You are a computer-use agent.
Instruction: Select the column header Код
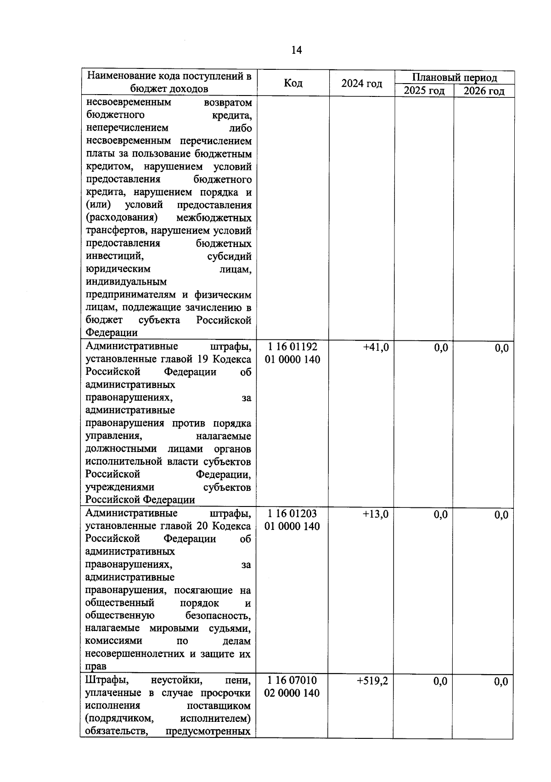click(x=293, y=83)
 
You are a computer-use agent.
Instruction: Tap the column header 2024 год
click(x=362, y=84)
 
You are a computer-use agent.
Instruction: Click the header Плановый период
click(x=454, y=77)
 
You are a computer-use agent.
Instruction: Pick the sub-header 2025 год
click(x=424, y=90)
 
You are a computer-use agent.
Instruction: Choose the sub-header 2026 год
click(x=484, y=90)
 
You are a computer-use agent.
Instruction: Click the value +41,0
click(x=376, y=348)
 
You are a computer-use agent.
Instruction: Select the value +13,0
click(x=376, y=514)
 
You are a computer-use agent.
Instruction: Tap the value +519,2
click(x=372, y=681)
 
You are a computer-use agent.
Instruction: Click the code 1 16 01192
click(x=292, y=347)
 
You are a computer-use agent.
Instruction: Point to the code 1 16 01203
click(x=292, y=513)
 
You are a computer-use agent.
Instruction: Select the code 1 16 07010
click(x=292, y=680)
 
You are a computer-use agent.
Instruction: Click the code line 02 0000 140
click(x=292, y=693)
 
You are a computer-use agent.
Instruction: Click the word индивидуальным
click(x=126, y=281)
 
